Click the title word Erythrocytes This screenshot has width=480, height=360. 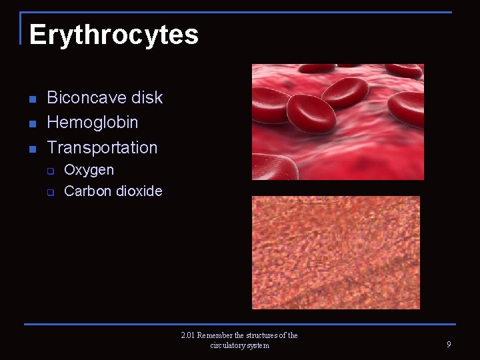pos(113,35)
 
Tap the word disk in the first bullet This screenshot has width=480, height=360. pos(147,97)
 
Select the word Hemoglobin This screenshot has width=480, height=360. pos(93,122)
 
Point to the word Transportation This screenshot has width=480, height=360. pos(102,147)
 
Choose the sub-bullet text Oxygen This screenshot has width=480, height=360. pos(89,170)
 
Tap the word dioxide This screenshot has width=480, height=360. pos(139,191)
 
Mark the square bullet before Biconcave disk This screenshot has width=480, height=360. pos(32,99)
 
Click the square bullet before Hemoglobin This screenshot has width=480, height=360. pos(32,123)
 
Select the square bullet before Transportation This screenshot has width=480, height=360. pos(32,149)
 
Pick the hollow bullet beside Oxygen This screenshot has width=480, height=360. pos(50,171)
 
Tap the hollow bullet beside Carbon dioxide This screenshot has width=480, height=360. pos(50,192)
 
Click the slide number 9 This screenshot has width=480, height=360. pos(449,345)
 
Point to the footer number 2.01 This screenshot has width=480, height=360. pos(187,335)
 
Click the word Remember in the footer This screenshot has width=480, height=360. pos(215,335)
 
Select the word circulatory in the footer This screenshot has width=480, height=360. pos(227,345)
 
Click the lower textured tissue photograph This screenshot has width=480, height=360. pos(335,253)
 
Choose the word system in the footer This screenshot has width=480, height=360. pos(258,345)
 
